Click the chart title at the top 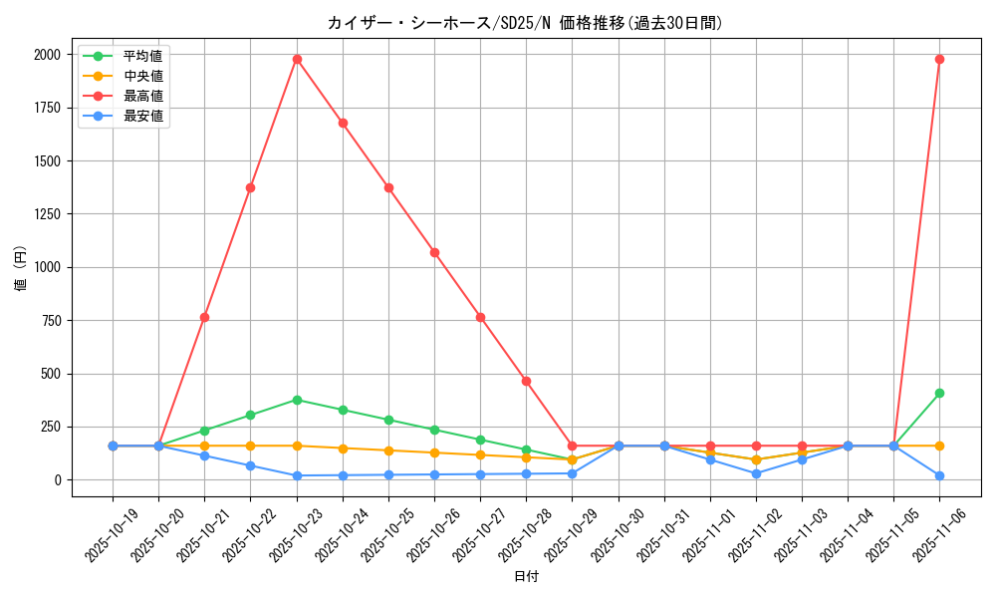(526, 23)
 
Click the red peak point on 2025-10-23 (297, 59)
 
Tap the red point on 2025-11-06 (939, 59)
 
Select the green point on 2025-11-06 (939, 393)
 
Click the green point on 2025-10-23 (297, 400)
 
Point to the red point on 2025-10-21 (204, 317)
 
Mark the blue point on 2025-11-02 (756, 473)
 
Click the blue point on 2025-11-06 (939, 475)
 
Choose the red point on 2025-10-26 (434, 252)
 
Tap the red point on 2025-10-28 (526, 381)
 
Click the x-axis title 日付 (526, 577)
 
